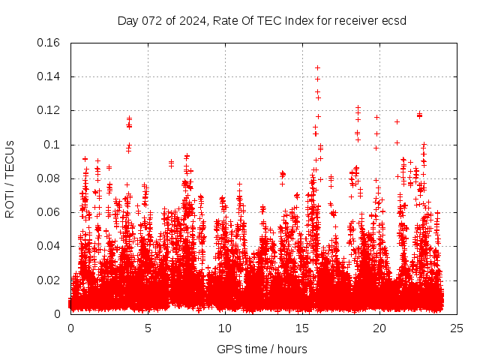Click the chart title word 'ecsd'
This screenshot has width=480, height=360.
[394, 20]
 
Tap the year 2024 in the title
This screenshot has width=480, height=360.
[191, 20]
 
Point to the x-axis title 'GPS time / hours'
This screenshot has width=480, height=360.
[262, 349]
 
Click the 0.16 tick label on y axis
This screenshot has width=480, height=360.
[49, 43]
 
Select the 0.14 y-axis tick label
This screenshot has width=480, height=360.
[49, 76]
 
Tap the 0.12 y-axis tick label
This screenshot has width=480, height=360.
[49, 110]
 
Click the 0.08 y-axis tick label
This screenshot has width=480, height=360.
[49, 178]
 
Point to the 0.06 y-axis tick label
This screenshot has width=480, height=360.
[49, 212]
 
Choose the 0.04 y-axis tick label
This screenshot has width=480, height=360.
[49, 246]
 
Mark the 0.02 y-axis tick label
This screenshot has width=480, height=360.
[49, 280]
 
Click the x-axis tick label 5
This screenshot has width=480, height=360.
[148, 328]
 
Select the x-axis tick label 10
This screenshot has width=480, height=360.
[225, 328]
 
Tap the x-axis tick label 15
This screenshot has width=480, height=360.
[302, 328]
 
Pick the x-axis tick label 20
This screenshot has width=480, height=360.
[379, 328]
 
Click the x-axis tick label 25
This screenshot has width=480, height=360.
[457, 328]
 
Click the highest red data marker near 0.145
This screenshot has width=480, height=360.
[317, 68]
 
